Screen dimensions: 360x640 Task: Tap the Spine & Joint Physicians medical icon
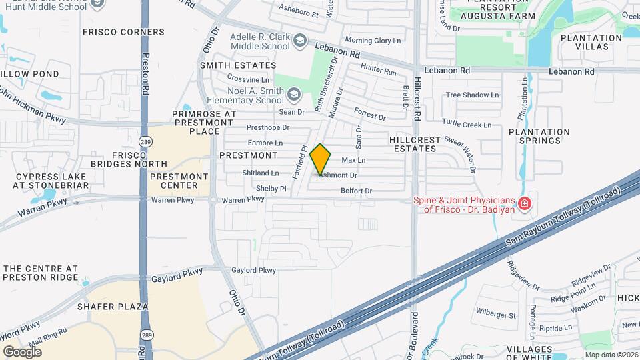(525, 203)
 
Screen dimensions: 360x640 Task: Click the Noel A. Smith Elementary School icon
(295, 95)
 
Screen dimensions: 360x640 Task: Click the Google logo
(22, 351)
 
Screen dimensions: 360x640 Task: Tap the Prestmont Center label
(174, 181)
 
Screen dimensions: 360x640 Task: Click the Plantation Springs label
(539, 137)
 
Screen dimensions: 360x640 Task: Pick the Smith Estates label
(238, 65)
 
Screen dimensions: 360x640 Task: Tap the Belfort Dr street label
(356, 191)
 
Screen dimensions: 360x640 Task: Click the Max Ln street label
(353, 161)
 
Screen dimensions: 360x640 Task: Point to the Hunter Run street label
(378, 68)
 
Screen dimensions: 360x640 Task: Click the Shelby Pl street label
(271, 189)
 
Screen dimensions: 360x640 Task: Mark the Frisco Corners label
(123, 32)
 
